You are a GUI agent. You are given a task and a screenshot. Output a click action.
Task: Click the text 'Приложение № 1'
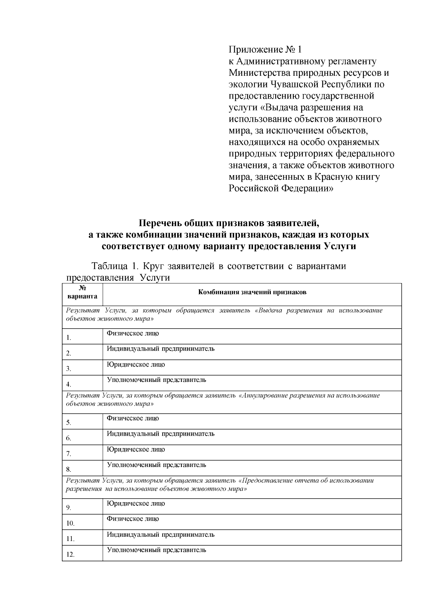tap(265, 49)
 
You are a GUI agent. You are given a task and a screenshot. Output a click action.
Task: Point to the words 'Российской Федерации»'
tap(281, 188)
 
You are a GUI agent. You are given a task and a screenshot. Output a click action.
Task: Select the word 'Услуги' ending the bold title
tap(340, 246)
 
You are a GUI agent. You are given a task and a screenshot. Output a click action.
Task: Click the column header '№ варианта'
tap(82, 292)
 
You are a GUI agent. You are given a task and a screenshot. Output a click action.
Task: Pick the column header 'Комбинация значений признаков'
tap(252, 293)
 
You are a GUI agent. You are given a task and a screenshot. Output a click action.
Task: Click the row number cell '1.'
tap(69, 338)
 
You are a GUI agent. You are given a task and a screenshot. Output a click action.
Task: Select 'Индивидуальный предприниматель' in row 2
tap(160, 349)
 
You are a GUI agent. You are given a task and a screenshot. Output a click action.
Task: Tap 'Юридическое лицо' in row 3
tap(136, 364)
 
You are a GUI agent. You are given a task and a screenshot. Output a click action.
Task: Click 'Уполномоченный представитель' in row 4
tap(157, 380)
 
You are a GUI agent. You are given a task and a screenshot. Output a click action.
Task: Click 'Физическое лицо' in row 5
tap(133, 418)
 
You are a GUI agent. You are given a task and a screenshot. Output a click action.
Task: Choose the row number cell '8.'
tap(69, 469)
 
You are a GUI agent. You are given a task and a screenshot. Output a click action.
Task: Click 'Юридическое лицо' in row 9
tap(136, 503)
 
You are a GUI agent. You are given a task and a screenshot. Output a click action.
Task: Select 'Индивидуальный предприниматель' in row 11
tap(160, 535)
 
